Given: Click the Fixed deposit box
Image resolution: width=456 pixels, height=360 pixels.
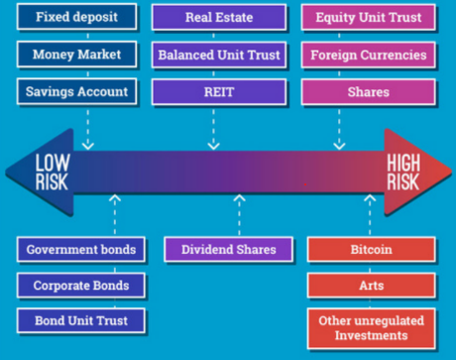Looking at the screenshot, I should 75,17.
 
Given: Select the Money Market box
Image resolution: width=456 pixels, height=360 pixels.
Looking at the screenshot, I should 75,55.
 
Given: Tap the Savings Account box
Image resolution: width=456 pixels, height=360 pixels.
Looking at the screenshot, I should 75,91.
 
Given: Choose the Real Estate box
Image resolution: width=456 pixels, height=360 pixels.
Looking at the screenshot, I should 218,17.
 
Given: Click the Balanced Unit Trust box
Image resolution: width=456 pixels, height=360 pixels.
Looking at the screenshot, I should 218,55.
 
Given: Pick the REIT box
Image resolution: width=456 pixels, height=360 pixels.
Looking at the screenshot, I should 218,91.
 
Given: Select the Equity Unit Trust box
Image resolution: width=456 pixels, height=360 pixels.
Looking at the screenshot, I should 369,17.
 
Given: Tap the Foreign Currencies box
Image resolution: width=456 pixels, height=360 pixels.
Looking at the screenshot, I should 369,55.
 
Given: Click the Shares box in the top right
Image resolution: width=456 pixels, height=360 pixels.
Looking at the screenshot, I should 369,91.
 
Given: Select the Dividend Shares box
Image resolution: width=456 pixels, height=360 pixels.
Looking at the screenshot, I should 228,249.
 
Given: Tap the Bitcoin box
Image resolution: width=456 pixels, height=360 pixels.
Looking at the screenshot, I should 372,249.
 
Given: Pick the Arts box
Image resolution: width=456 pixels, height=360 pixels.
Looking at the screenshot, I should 372,286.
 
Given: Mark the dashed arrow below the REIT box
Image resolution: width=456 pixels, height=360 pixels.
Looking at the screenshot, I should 213,127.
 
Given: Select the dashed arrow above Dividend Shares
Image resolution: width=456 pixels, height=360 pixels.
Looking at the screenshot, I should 238,213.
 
